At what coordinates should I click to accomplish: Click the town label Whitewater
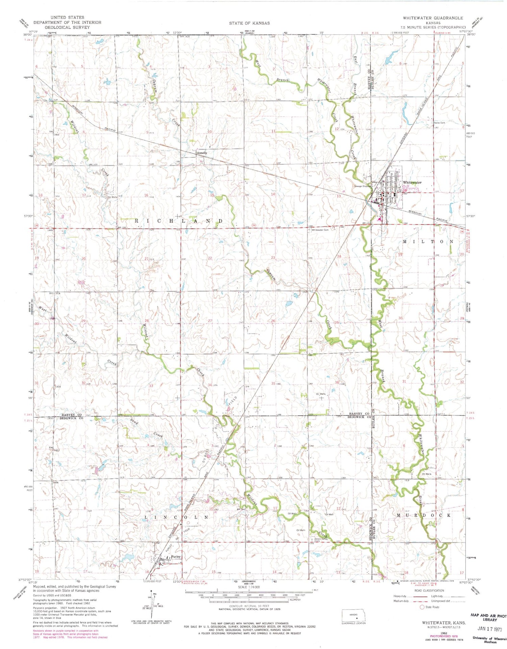click(x=412, y=182)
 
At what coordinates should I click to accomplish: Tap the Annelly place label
click(x=202, y=153)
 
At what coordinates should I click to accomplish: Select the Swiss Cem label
click(x=439, y=123)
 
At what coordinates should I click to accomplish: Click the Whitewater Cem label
click(x=320, y=230)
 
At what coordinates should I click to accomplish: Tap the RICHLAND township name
click(x=179, y=221)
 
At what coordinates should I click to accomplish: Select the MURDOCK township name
click(x=424, y=515)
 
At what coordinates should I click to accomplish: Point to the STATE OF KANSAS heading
click(x=249, y=23)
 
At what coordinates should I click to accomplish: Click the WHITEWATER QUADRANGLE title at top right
click(x=433, y=18)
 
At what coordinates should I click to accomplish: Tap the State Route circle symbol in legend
click(x=422, y=607)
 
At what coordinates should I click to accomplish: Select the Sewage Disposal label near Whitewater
click(x=362, y=186)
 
